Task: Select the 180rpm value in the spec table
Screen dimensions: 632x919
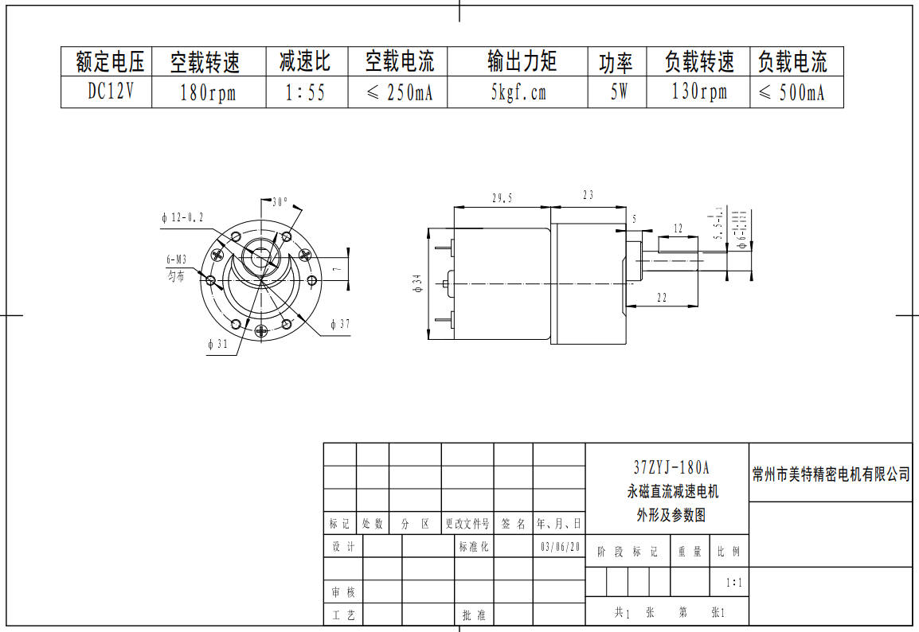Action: click(x=208, y=93)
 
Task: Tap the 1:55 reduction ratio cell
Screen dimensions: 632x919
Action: click(x=306, y=93)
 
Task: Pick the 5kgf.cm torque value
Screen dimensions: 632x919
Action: click(x=518, y=93)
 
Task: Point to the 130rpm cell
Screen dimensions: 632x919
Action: click(x=699, y=92)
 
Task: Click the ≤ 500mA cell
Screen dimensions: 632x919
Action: click(x=791, y=93)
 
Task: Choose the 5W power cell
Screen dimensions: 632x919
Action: click(x=619, y=93)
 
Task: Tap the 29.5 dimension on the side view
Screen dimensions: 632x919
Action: click(x=503, y=197)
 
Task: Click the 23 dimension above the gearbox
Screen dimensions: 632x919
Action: click(x=589, y=195)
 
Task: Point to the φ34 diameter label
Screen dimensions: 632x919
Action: click(x=416, y=283)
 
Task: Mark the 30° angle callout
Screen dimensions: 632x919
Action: click(x=280, y=202)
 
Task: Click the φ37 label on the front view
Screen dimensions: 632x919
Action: click(x=340, y=325)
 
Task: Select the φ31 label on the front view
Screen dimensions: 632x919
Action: click(x=217, y=345)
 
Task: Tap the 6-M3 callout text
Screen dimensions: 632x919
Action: click(x=176, y=259)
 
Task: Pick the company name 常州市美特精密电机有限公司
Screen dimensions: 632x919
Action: click(x=831, y=474)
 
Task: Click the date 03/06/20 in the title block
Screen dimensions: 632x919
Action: click(x=561, y=548)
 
